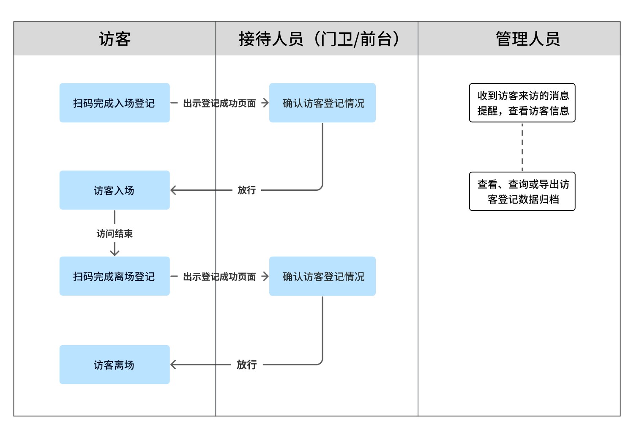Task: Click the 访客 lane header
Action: (115, 39)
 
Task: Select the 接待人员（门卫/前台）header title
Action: (319, 39)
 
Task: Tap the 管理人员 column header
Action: (527, 39)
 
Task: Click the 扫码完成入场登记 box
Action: (115, 103)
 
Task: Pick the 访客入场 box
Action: (115, 190)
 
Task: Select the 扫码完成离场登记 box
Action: (115, 276)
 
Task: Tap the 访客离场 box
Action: (115, 365)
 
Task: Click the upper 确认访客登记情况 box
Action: (322, 103)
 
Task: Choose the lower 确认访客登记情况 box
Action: (322, 276)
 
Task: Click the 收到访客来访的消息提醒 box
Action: (522, 103)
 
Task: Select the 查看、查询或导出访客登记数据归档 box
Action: (522, 191)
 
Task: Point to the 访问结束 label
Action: (115, 233)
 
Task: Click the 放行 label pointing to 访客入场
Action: (246, 190)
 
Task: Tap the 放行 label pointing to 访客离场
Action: (246, 365)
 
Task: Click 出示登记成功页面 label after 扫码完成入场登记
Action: (219, 103)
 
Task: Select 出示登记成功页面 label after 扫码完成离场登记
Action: (219, 277)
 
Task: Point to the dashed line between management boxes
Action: (522, 147)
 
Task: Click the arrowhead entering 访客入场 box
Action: (173, 190)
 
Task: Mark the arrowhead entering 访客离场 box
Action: (173, 365)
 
